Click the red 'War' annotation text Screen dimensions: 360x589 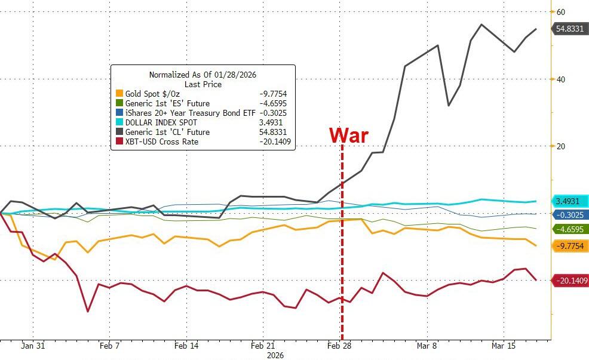click(349, 135)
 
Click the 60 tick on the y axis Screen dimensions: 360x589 click(561, 12)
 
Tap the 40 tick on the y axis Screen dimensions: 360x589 click(561, 79)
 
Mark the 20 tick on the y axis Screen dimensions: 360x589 click(561, 146)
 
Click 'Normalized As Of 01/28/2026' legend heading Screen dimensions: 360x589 click(203, 75)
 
